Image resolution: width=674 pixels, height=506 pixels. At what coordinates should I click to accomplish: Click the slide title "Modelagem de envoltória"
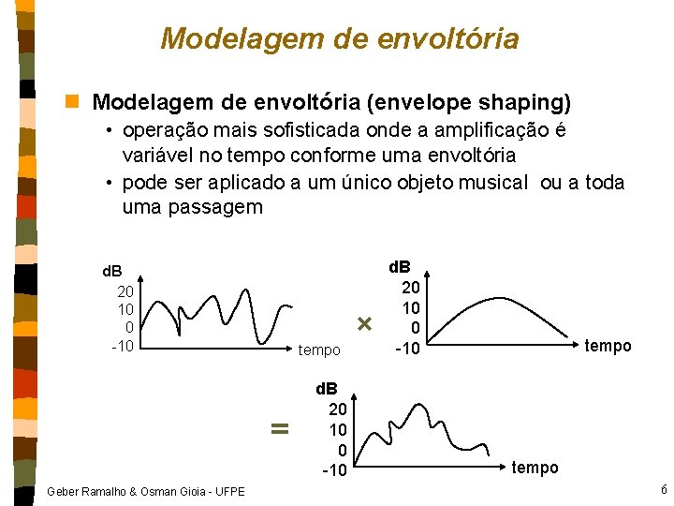click(339, 38)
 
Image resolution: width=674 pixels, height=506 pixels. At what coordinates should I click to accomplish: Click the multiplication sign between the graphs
click(365, 324)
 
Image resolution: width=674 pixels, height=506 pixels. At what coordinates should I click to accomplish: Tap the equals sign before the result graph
click(277, 428)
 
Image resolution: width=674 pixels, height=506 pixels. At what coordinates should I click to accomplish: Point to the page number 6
click(663, 490)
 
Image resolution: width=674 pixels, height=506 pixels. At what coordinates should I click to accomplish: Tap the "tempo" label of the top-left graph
click(319, 350)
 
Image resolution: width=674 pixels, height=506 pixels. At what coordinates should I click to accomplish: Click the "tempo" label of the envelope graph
click(608, 346)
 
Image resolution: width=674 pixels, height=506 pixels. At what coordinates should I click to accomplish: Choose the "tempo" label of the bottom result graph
click(535, 467)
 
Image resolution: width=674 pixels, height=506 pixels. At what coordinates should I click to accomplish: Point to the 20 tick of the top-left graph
click(125, 291)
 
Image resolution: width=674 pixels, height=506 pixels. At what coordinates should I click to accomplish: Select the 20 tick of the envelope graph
click(410, 288)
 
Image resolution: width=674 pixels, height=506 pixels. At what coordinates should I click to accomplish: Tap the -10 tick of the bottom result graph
click(334, 469)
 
